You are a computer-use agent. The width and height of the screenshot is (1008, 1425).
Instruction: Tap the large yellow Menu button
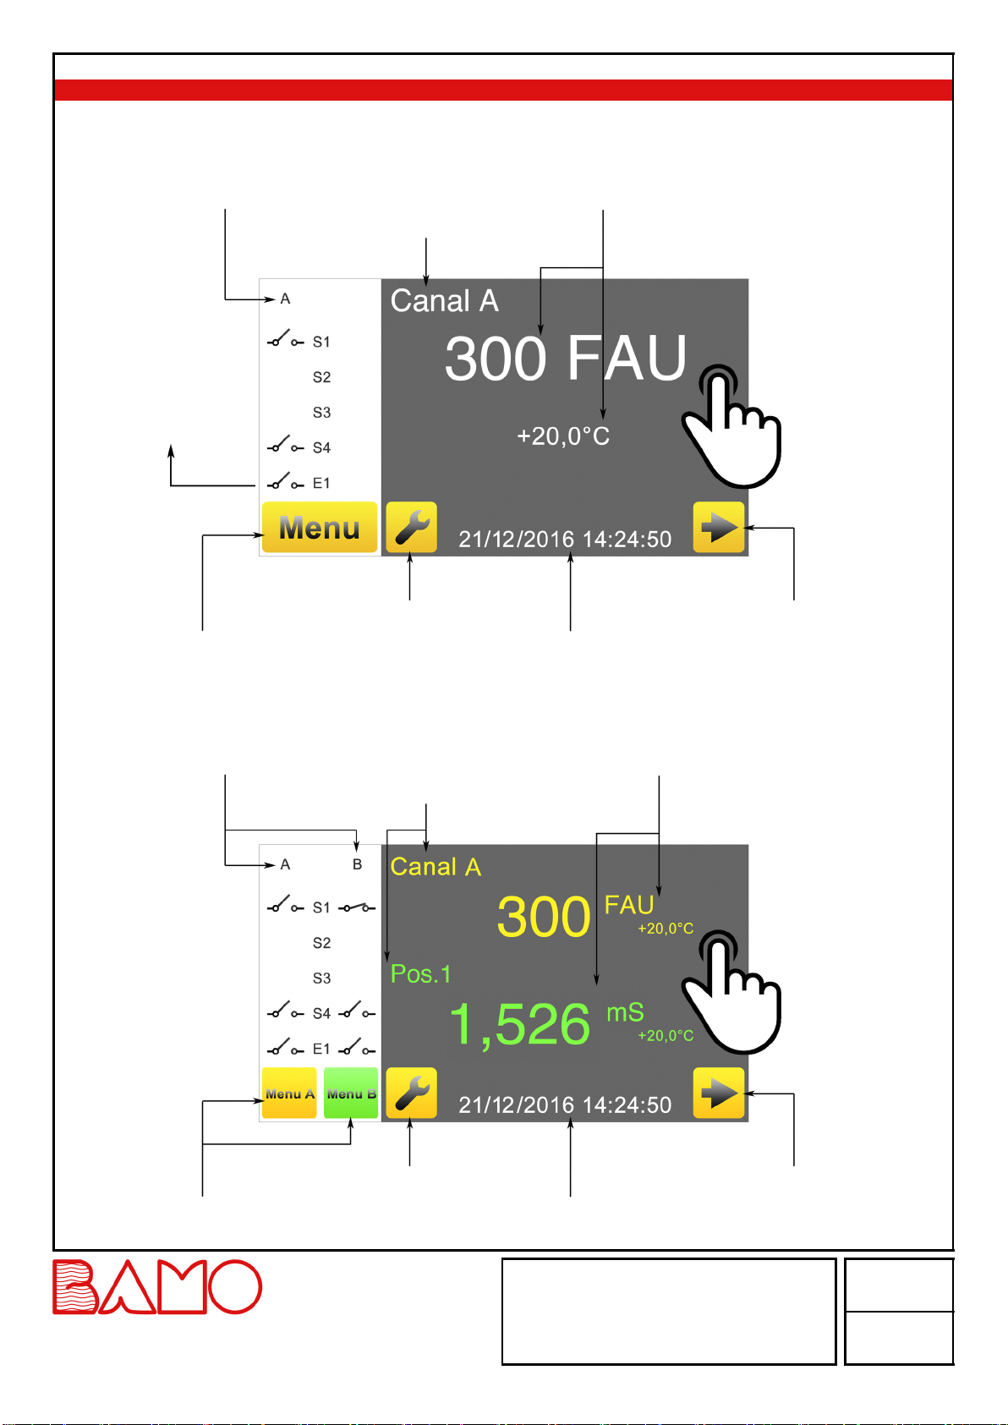319,528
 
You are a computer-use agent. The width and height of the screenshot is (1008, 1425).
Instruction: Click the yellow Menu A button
289,1093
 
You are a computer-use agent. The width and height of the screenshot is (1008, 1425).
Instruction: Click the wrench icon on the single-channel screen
411,528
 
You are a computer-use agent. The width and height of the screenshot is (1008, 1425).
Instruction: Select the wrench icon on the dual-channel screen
411,1093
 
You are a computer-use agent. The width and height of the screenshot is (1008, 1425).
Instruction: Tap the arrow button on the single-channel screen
719,528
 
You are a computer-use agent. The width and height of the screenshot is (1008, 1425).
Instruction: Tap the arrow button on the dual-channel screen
719,1093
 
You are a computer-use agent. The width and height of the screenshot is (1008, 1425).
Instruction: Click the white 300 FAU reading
565,359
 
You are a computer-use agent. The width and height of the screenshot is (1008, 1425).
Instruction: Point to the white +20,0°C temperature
563,436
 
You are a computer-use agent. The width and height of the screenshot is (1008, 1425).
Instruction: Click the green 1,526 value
519,1024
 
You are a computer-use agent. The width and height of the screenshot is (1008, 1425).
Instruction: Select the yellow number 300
543,917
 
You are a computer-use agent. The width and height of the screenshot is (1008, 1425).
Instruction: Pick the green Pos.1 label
420,974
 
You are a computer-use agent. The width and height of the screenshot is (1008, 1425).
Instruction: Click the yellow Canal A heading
436,867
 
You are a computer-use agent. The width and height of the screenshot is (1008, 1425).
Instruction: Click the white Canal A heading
444,301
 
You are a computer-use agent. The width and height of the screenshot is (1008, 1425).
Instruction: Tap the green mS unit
625,1012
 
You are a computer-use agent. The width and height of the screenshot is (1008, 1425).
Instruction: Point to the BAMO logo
157,1286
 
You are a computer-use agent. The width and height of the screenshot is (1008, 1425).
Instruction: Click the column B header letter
357,864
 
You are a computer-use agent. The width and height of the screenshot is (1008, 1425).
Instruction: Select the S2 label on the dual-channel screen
321,943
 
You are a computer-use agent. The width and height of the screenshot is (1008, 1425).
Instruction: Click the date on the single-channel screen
516,540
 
